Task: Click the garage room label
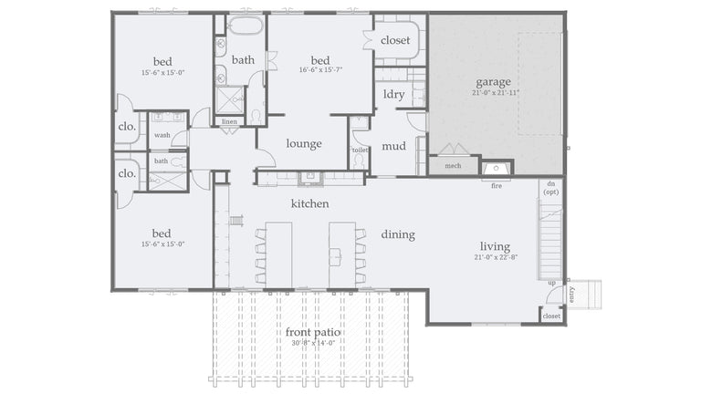(493, 81)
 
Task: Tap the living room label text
(495, 246)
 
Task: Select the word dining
(398, 234)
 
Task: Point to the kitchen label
(309, 203)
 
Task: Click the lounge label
(304, 143)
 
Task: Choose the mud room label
(393, 145)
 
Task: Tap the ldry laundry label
(393, 94)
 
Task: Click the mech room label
(453, 166)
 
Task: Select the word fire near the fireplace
(497, 186)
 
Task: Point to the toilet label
(360, 150)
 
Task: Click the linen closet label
(229, 121)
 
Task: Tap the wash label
(162, 135)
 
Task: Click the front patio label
(313, 333)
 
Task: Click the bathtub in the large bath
(245, 25)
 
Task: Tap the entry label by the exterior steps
(572, 294)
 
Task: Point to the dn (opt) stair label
(551, 188)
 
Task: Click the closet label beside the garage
(395, 40)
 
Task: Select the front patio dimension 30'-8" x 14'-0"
(313, 344)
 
